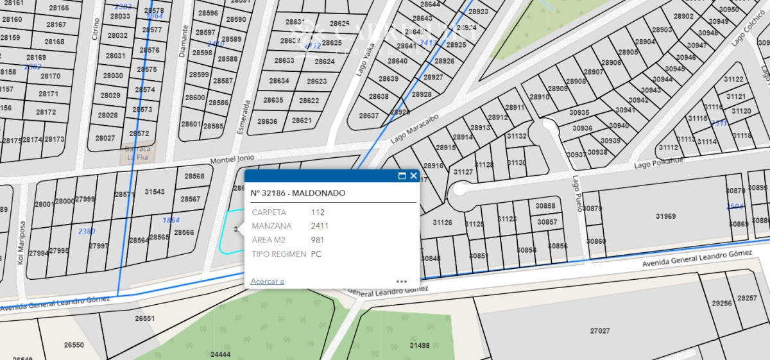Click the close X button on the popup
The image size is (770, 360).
(x=414, y=176)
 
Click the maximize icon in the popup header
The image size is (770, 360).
(x=402, y=176)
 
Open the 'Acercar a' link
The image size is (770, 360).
(x=267, y=281)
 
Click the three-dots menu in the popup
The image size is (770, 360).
(x=402, y=281)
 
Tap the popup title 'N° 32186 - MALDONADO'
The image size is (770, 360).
(x=298, y=193)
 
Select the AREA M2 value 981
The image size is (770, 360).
(x=318, y=240)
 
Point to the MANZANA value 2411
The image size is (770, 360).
(x=320, y=226)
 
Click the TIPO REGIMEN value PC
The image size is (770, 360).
(x=316, y=254)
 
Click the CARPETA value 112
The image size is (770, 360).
(x=318, y=212)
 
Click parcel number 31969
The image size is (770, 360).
(x=665, y=216)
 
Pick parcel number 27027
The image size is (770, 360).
(x=600, y=331)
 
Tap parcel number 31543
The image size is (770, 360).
(x=155, y=192)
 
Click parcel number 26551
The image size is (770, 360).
(x=144, y=318)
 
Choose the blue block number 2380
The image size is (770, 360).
(x=86, y=231)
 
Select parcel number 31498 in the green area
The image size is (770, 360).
(x=419, y=345)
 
